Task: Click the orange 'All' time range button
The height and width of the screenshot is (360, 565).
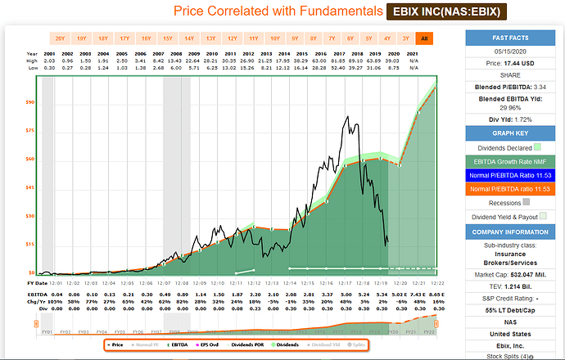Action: pyautogui.click(x=423, y=38)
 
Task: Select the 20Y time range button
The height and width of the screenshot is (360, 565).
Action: pyautogui.click(x=60, y=38)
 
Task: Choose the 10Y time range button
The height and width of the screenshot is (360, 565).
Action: pyautogui.click(x=274, y=38)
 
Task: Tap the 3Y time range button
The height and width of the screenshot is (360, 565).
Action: pyautogui.click(x=404, y=38)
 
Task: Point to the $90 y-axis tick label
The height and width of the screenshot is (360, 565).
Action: pyautogui.click(x=30, y=102)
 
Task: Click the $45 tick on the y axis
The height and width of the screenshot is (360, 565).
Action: pyautogui.click(x=30, y=187)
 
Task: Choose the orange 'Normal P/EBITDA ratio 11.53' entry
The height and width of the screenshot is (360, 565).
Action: pyautogui.click(x=513, y=189)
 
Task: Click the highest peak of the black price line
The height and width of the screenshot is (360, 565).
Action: pyautogui.click(x=350, y=116)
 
